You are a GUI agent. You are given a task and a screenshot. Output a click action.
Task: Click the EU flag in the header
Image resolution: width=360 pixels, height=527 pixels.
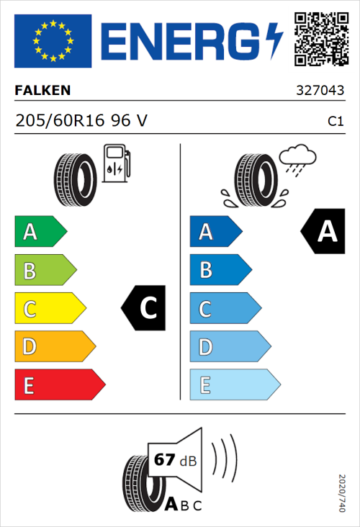[53, 40]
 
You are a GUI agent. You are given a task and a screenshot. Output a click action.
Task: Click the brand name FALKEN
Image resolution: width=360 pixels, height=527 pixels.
[43, 91]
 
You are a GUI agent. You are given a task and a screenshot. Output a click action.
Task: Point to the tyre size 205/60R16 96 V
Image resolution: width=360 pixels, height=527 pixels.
[81, 121]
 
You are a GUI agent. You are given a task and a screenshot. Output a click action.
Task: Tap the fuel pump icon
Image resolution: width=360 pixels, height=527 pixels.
[116, 163]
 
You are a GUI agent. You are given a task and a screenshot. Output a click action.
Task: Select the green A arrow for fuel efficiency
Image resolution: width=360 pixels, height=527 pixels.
[40, 232]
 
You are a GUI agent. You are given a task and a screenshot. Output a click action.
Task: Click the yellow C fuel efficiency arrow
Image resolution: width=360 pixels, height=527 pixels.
[49, 309]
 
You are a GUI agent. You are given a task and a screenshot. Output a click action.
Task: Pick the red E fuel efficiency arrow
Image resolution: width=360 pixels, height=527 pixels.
[59, 385]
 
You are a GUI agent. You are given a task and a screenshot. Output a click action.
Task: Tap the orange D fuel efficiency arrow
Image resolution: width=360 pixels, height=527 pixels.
[54, 347]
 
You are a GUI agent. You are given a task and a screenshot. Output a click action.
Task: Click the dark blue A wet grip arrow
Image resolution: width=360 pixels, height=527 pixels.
[215, 232]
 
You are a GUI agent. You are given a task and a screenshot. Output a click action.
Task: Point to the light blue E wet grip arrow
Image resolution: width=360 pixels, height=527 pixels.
[234, 385]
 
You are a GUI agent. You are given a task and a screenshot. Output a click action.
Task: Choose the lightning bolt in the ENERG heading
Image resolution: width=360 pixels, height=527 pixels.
[275, 40]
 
